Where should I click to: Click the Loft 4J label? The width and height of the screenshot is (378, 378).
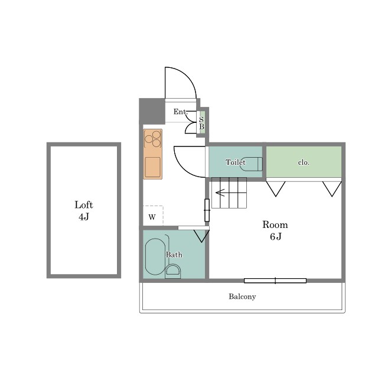[x=84, y=211]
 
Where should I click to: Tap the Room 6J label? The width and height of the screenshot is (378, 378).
[x=275, y=230]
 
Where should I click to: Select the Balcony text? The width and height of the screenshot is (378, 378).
[x=242, y=296]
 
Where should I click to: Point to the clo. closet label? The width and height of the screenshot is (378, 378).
[x=304, y=162]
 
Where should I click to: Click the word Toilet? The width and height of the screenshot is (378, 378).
[x=236, y=162]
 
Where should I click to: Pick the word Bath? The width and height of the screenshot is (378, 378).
[x=174, y=255]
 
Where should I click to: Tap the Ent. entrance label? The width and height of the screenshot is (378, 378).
[x=180, y=112]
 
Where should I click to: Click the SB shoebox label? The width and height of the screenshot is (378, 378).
[x=201, y=123]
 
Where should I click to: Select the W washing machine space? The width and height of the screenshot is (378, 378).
[x=153, y=216]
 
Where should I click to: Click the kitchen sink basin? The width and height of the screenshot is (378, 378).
[x=152, y=167]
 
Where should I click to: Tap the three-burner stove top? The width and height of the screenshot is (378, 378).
[x=152, y=139]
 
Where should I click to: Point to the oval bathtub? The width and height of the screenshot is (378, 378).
[x=155, y=256]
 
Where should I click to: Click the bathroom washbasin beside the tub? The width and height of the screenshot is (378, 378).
[x=173, y=271]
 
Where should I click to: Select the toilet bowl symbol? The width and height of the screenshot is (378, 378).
[x=250, y=164]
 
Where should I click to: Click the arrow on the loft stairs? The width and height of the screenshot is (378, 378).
[x=220, y=193]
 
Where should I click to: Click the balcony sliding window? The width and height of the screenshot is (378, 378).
[x=275, y=281]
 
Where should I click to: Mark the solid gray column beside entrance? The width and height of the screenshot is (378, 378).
[x=152, y=111]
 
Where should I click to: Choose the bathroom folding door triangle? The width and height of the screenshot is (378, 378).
[x=201, y=236]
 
